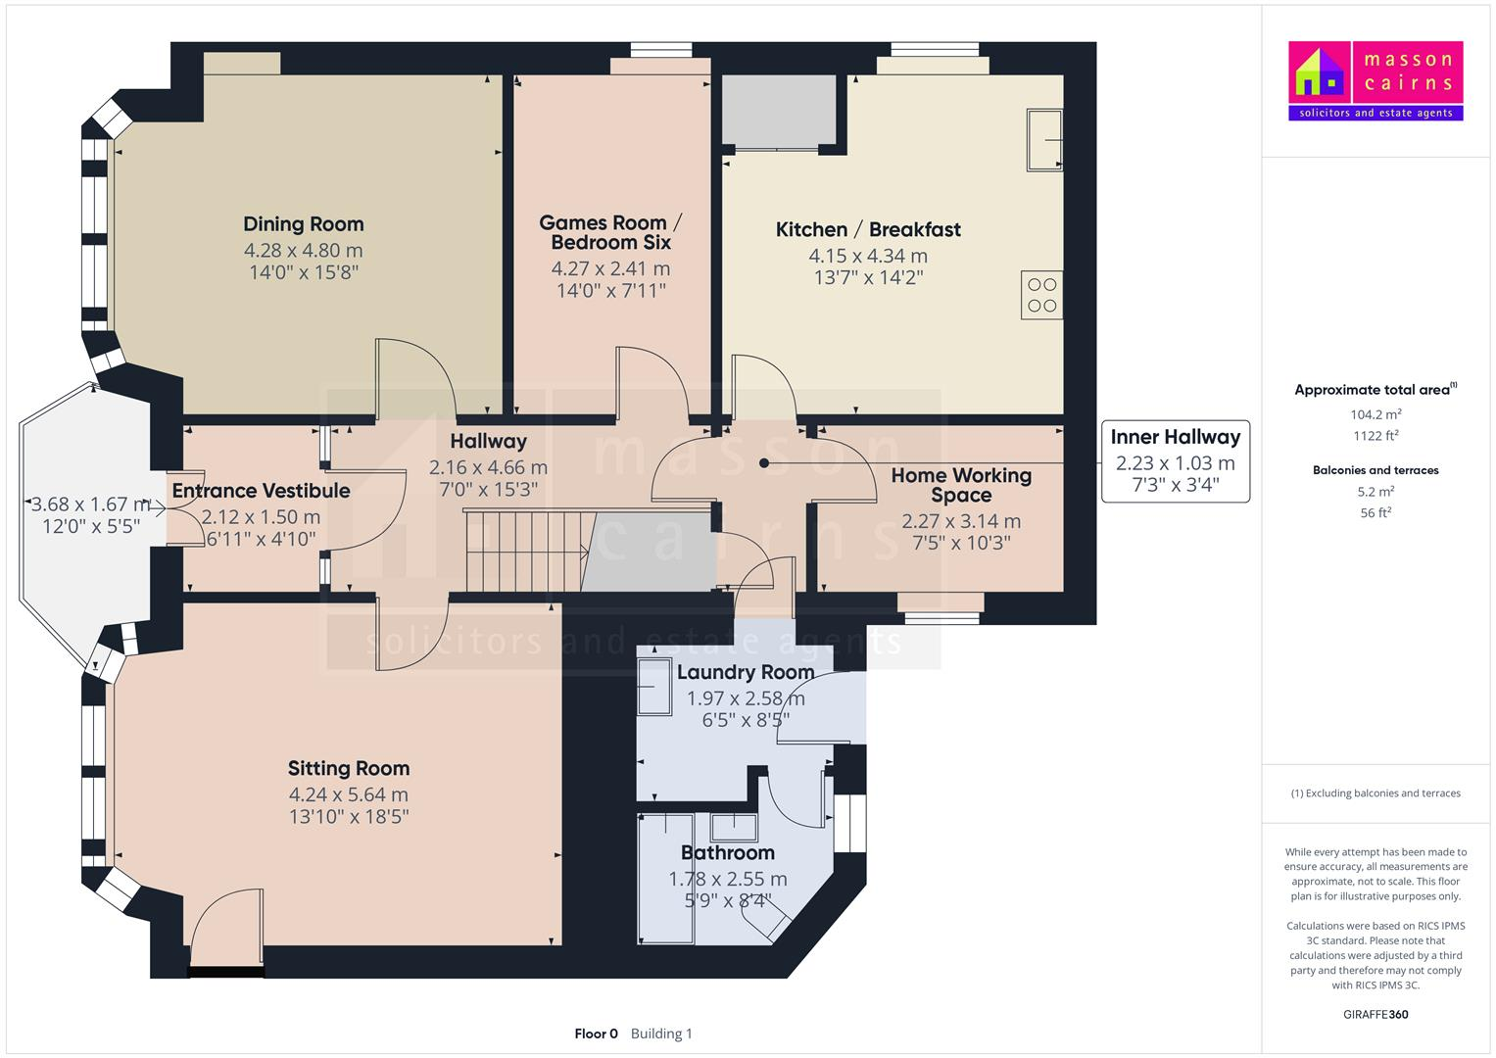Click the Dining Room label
pyautogui.click(x=303, y=224)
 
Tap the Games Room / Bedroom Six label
pyautogui.click(x=610, y=233)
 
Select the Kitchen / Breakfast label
pyautogui.click(x=868, y=229)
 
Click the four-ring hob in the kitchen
pyautogui.click(x=1041, y=295)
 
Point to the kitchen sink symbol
pyautogui.click(x=1044, y=140)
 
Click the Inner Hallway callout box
pyautogui.click(x=1175, y=460)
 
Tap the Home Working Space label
pyautogui.click(x=961, y=485)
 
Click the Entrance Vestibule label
pyautogui.click(x=261, y=491)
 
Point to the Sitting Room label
pyautogui.click(x=349, y=769)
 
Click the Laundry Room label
pyautogui.click(x=746, y=672)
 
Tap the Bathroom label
pyautogui.click(x=728, y=852)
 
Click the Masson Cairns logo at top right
pyautogui.click(x=1375, y=80)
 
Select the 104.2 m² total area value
pyautogui.click(x=1375, y=414)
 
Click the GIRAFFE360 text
pyautogui.click(x=1375, y=1014)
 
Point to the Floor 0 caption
pyautogui.click(x=596, y=1034)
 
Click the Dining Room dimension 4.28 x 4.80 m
pyautogui.click(x=303, y=251)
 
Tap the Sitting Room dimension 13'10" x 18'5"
pyautogui.click(x=349, y=817)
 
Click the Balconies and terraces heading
pyautogui.click(x=1375, y=470)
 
